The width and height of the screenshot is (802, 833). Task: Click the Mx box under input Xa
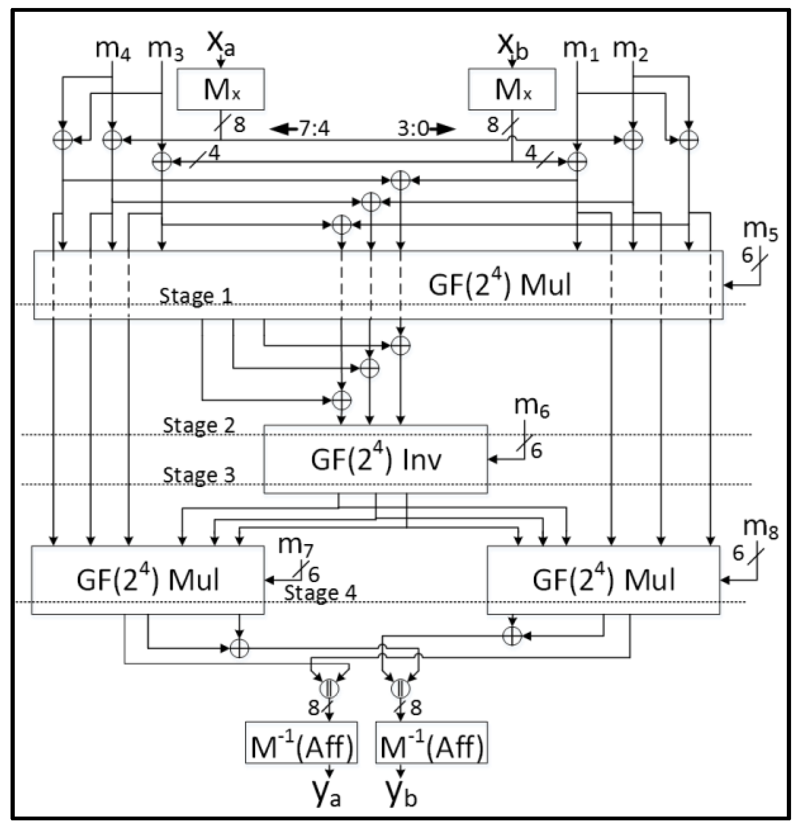pos(221,89)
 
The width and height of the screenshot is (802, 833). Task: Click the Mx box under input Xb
pos(512,89)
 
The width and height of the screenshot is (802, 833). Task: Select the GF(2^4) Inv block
pos(376,459)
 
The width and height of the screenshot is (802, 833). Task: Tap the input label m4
pos(113,49)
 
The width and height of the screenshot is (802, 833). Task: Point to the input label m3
pos(165,49)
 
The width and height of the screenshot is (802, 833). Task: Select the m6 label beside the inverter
pos(532,406)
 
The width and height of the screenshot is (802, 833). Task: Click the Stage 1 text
pos(196,296)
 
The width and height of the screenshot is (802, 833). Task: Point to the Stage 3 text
pos(199,475)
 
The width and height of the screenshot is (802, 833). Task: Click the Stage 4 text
pos(320,593)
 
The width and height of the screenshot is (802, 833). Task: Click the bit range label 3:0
pos(413,128)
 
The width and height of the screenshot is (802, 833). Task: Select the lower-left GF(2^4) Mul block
pos(148,580)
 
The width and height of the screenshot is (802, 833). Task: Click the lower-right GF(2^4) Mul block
pos(603,580)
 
